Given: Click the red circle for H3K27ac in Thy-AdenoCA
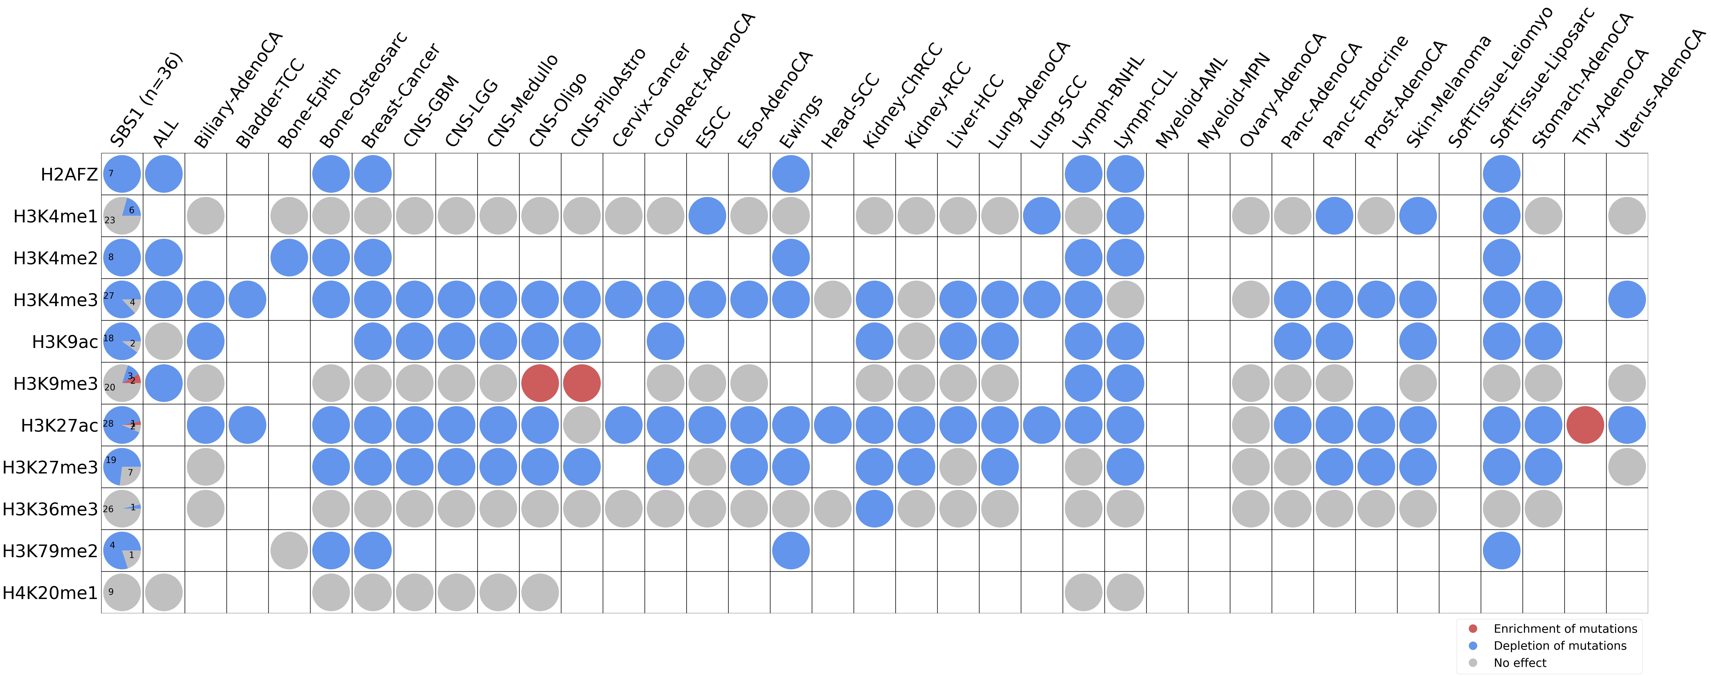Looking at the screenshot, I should pyautogui.click(x=1585, y=425).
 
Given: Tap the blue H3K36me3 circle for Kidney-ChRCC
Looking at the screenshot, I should pyautogui.click(x=874, y=508).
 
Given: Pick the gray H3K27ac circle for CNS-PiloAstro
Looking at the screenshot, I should pyautogui.click(x=582, y=425).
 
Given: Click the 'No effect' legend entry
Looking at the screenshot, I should pyautogui.click(x=1520, y=663).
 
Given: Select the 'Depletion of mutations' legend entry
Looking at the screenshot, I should pyautogui.click(x=1560, y=645).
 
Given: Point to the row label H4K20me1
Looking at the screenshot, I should pyautogui.click(x=50, y=592).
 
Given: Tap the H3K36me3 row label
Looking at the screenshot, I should pyautogui.click(x=50, y=509).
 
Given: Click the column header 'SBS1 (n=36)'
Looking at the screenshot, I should pyautogui.click(x=146, y=100).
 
